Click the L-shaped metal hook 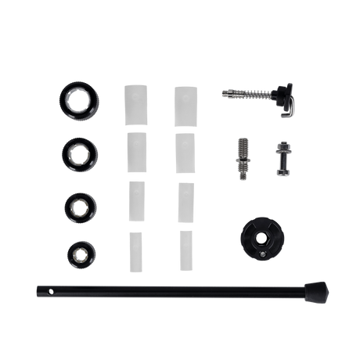click(287, 106)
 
